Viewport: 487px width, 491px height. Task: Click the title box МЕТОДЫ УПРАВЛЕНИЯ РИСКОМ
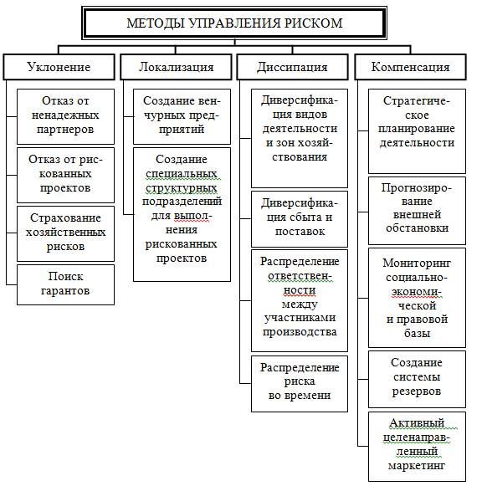[x=234, y=23]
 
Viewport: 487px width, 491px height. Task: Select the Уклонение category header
[x=59, y=67]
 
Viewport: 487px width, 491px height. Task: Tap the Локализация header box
[x=176, y=67]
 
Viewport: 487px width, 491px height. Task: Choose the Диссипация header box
[x=292, y=67]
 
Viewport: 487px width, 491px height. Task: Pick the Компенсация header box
[x=410, y=67]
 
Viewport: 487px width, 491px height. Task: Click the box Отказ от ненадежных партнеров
[x=65, y=116]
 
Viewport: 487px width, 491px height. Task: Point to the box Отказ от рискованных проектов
[x=65, y=175]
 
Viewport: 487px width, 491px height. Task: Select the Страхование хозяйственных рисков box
[x=65, y=233]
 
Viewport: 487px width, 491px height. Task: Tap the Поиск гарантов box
[x=65, y=284]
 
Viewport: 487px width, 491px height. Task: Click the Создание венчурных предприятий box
[x=182, y=116]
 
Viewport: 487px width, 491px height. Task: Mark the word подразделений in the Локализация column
[x=182, y=201]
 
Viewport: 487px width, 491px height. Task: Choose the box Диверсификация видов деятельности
[x=300, y=138]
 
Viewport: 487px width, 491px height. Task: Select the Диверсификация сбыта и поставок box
[x=300, y=219]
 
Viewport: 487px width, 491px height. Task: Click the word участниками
[x=300, y=318]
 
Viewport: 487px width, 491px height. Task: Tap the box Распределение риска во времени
[x=300, y=384]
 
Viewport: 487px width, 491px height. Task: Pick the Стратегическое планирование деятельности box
[x=417, y=130]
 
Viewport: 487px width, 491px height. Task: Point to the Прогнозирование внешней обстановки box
[x=417, y=211]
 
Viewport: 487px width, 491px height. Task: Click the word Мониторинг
[x=417, y=263]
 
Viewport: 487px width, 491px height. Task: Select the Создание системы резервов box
[x=417, y=379]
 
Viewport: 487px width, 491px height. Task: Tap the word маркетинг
[x=417, y=466]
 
